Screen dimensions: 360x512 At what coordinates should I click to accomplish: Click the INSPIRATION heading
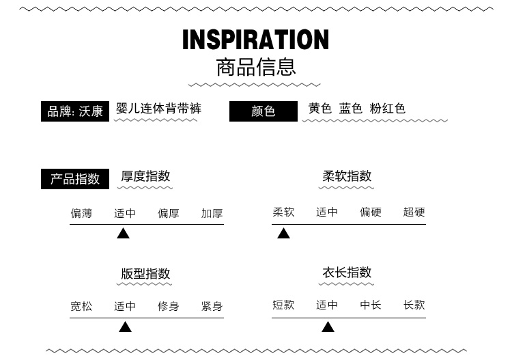(x=255, y=40)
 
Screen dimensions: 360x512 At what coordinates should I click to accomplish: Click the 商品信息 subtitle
(x=255, y=67)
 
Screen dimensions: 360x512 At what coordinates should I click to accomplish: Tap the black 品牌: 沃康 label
(x=75, y=111)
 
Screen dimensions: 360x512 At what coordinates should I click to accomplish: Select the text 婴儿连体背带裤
(x=158, y=108)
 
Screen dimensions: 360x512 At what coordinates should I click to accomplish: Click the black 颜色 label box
(x=263, y=111)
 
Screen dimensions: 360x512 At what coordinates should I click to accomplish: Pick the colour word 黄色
(x=319, y=109)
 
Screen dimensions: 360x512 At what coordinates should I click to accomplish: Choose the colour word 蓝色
(x=351, y=109)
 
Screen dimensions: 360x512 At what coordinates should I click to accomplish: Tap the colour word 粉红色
(x=387, y=109)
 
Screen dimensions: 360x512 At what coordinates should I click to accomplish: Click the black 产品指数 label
(x=75, y=179)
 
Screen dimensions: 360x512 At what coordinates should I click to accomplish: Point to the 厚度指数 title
(x=145, y=176)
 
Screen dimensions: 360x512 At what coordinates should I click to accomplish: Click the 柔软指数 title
(x=347, y=176)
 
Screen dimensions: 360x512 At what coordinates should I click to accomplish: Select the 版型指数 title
(x=145, y=273)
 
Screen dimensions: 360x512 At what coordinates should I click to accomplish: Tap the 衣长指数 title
(x=347, y=272)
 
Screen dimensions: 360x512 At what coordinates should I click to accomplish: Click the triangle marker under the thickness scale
(x=123, y=234)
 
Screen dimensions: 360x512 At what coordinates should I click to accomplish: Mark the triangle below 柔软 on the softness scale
(x=283, y=234)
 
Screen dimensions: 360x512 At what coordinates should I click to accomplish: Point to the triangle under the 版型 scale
(x=125, y=327)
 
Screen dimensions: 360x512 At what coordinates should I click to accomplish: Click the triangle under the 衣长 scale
(x=328, y=327)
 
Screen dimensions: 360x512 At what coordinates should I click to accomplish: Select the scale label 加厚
(x=212, y=213)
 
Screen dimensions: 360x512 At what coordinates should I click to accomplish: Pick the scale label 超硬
(x=414, y=212)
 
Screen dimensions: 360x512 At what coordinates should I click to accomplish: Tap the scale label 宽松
(x=81, y=306)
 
